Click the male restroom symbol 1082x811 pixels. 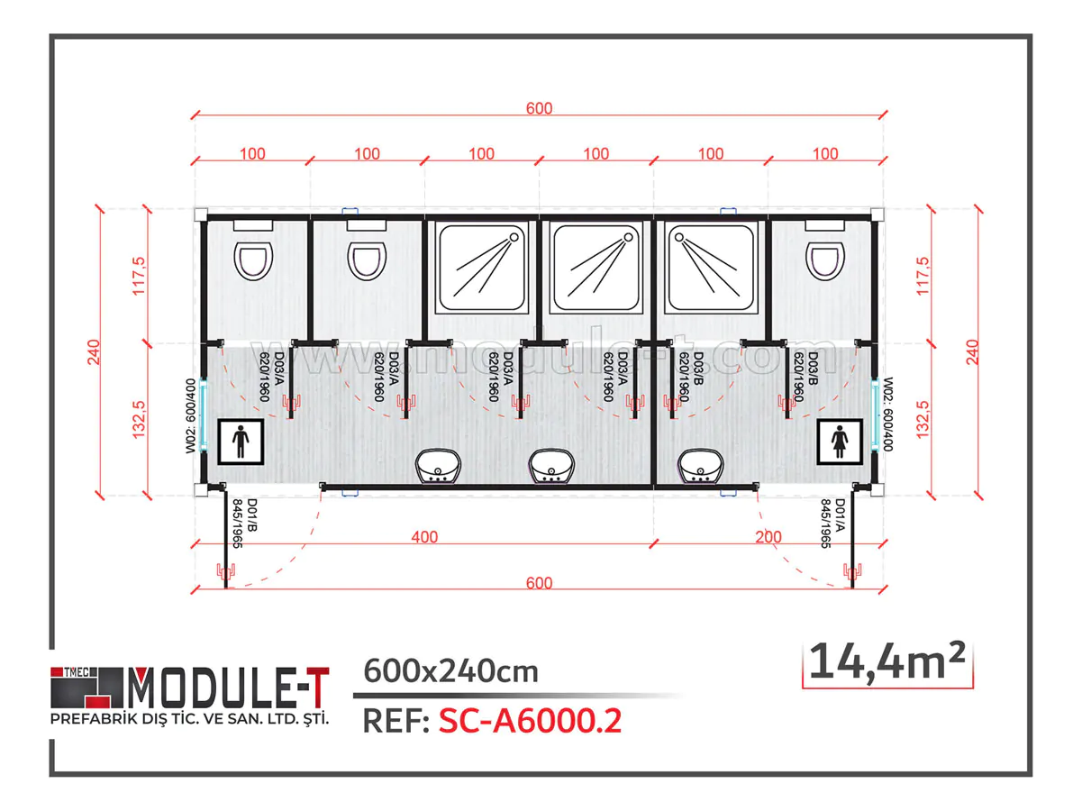click(x=241, y=442)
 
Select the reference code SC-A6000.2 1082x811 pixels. click(x=530, y=721)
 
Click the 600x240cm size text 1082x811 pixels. click(x=450, y=671)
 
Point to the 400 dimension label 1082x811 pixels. click(x=423, y=537)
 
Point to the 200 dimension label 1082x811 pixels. click(x=768, y=537)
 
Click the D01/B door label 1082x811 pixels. click(x=239, y=523)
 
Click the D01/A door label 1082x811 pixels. click(x=834, y=523)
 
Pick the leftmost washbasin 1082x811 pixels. click(x=439, y=467)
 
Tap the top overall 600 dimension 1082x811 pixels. click(x=539, y=109)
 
